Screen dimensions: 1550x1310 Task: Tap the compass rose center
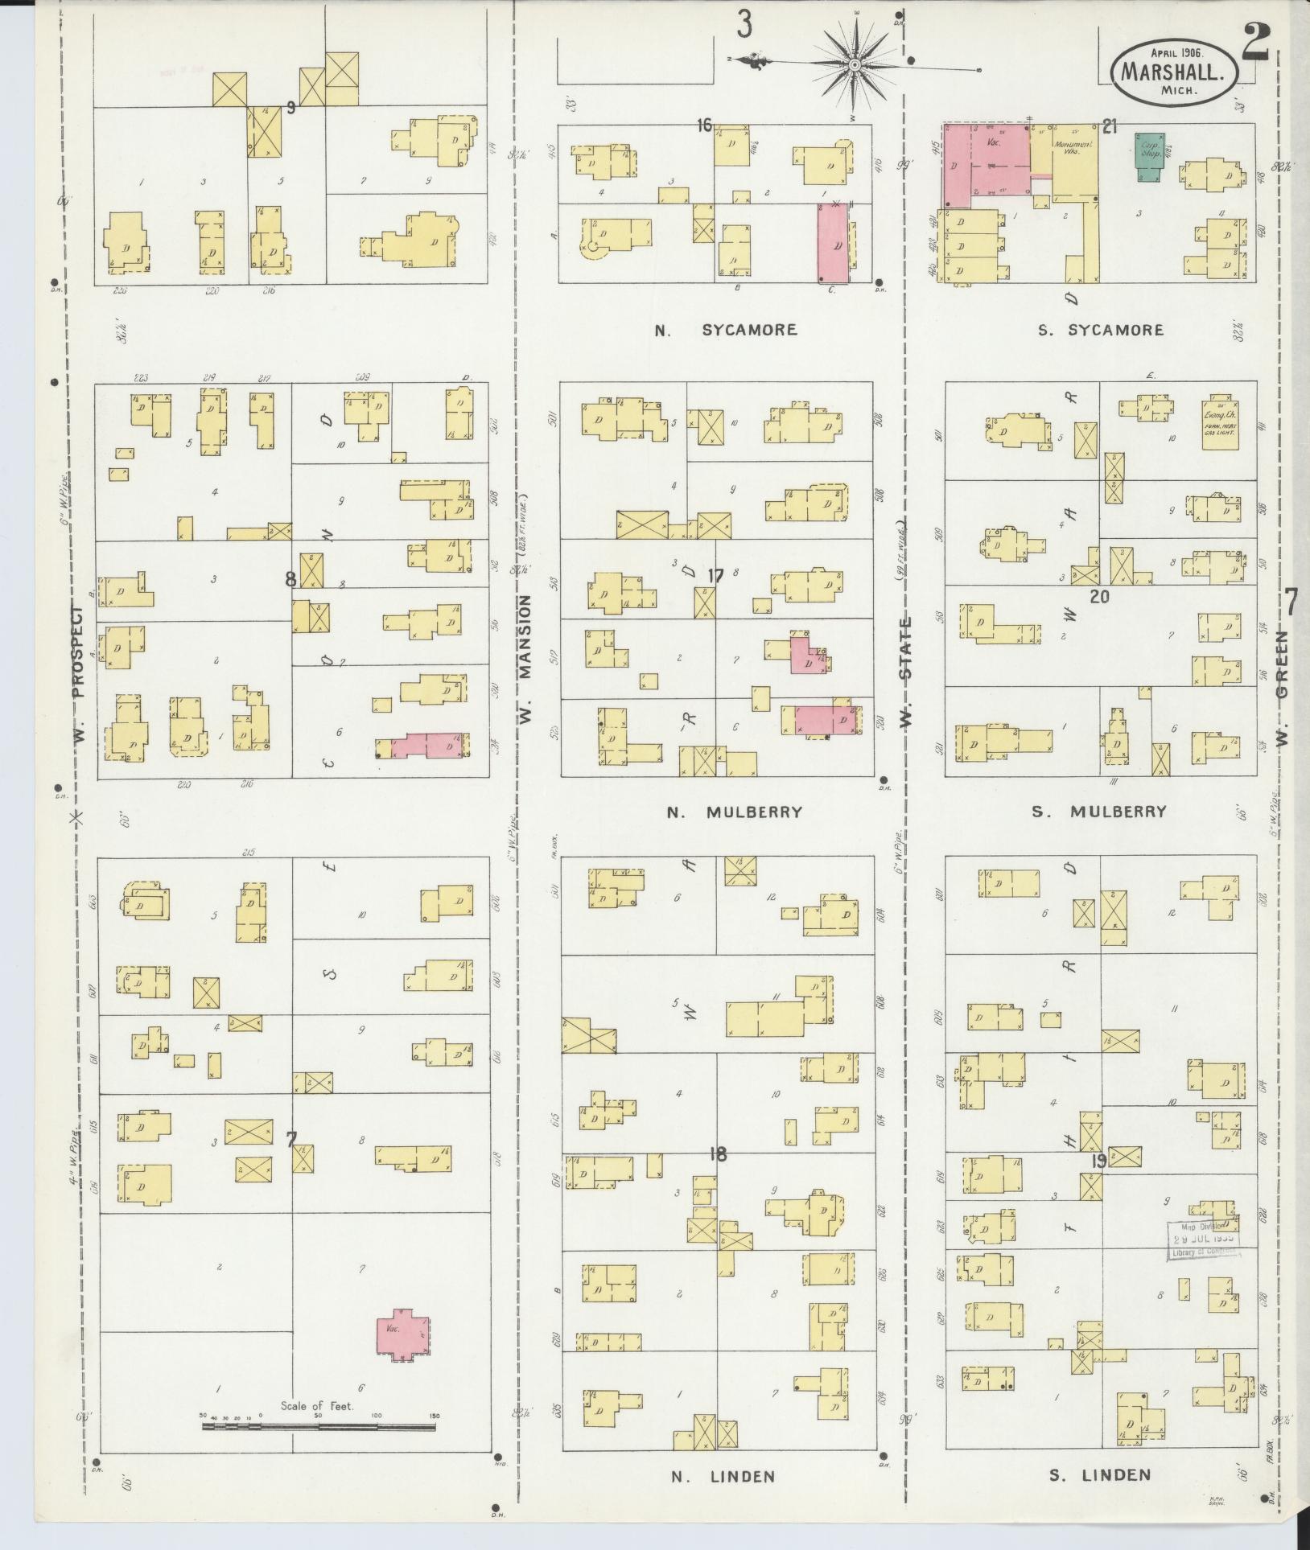(x=855, y=63)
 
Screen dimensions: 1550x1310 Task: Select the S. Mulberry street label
(x=1098, y=812)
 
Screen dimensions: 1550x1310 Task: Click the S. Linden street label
(x=1099, y=1475)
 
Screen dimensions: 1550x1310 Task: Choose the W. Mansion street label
(x=527, y=660)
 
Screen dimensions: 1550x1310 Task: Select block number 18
(x=718, y=1155)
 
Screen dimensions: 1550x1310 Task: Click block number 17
(x=715, y=576)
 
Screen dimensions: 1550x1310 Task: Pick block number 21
(x=1110, y=125)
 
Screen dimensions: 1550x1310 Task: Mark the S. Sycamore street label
(x=1100, y=330)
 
